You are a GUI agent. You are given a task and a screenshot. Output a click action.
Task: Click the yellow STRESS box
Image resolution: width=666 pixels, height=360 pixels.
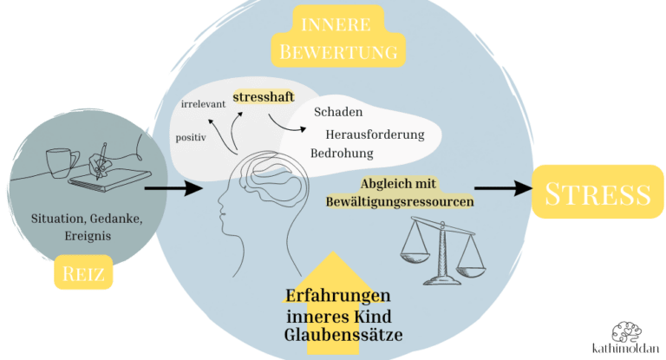click(597, 193)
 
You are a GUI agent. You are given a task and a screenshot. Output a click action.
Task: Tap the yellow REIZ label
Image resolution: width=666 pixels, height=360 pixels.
click(85, 275)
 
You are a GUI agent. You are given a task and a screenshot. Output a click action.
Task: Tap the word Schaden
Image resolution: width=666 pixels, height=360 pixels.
click(338, 113)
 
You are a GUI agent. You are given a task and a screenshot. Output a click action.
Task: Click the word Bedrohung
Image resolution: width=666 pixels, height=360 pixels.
click(342, 154)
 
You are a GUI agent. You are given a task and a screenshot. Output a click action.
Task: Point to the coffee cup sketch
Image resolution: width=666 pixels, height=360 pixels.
click(58, 161)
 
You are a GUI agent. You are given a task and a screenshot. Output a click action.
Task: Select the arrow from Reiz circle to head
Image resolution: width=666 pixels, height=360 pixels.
click(168, 187)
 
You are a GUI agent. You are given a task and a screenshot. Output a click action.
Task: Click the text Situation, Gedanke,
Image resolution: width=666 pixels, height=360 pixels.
click(86, 218)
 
